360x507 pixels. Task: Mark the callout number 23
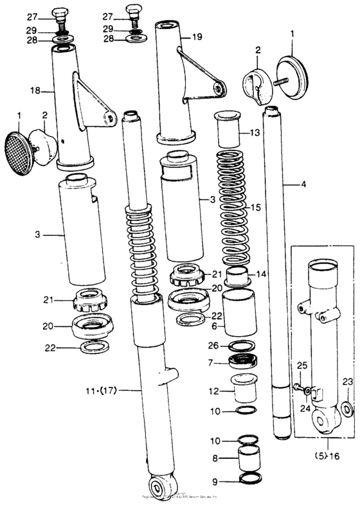click(x=347, y=381)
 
